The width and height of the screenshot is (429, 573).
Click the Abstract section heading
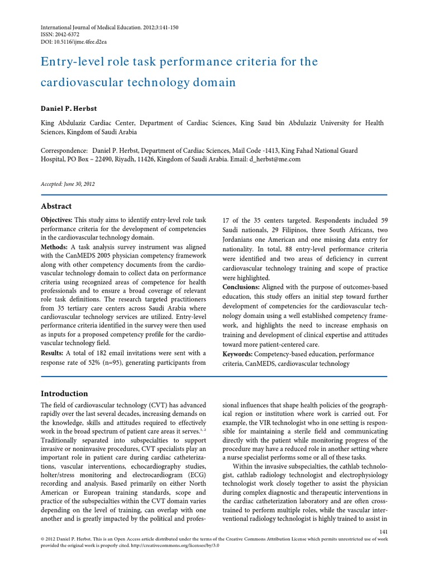(57, 206)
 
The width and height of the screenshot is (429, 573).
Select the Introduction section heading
(65, 393)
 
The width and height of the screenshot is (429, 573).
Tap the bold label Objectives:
(58, 220)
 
